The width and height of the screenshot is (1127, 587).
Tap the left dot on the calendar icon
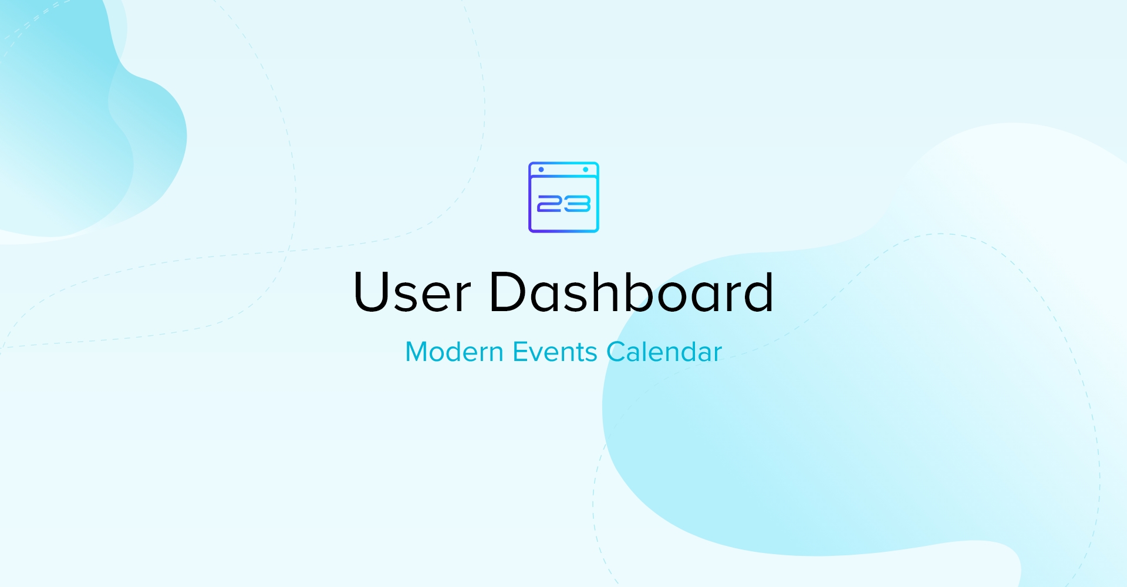coord(541,170)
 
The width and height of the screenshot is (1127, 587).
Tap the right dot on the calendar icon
coord(586,170)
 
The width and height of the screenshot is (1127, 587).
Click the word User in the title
coord(412,292)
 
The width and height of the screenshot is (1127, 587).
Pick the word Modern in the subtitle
coord(454,352)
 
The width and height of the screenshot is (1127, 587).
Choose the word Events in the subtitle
coord(555,352)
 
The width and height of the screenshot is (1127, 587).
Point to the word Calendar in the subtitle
coord(664,352)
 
